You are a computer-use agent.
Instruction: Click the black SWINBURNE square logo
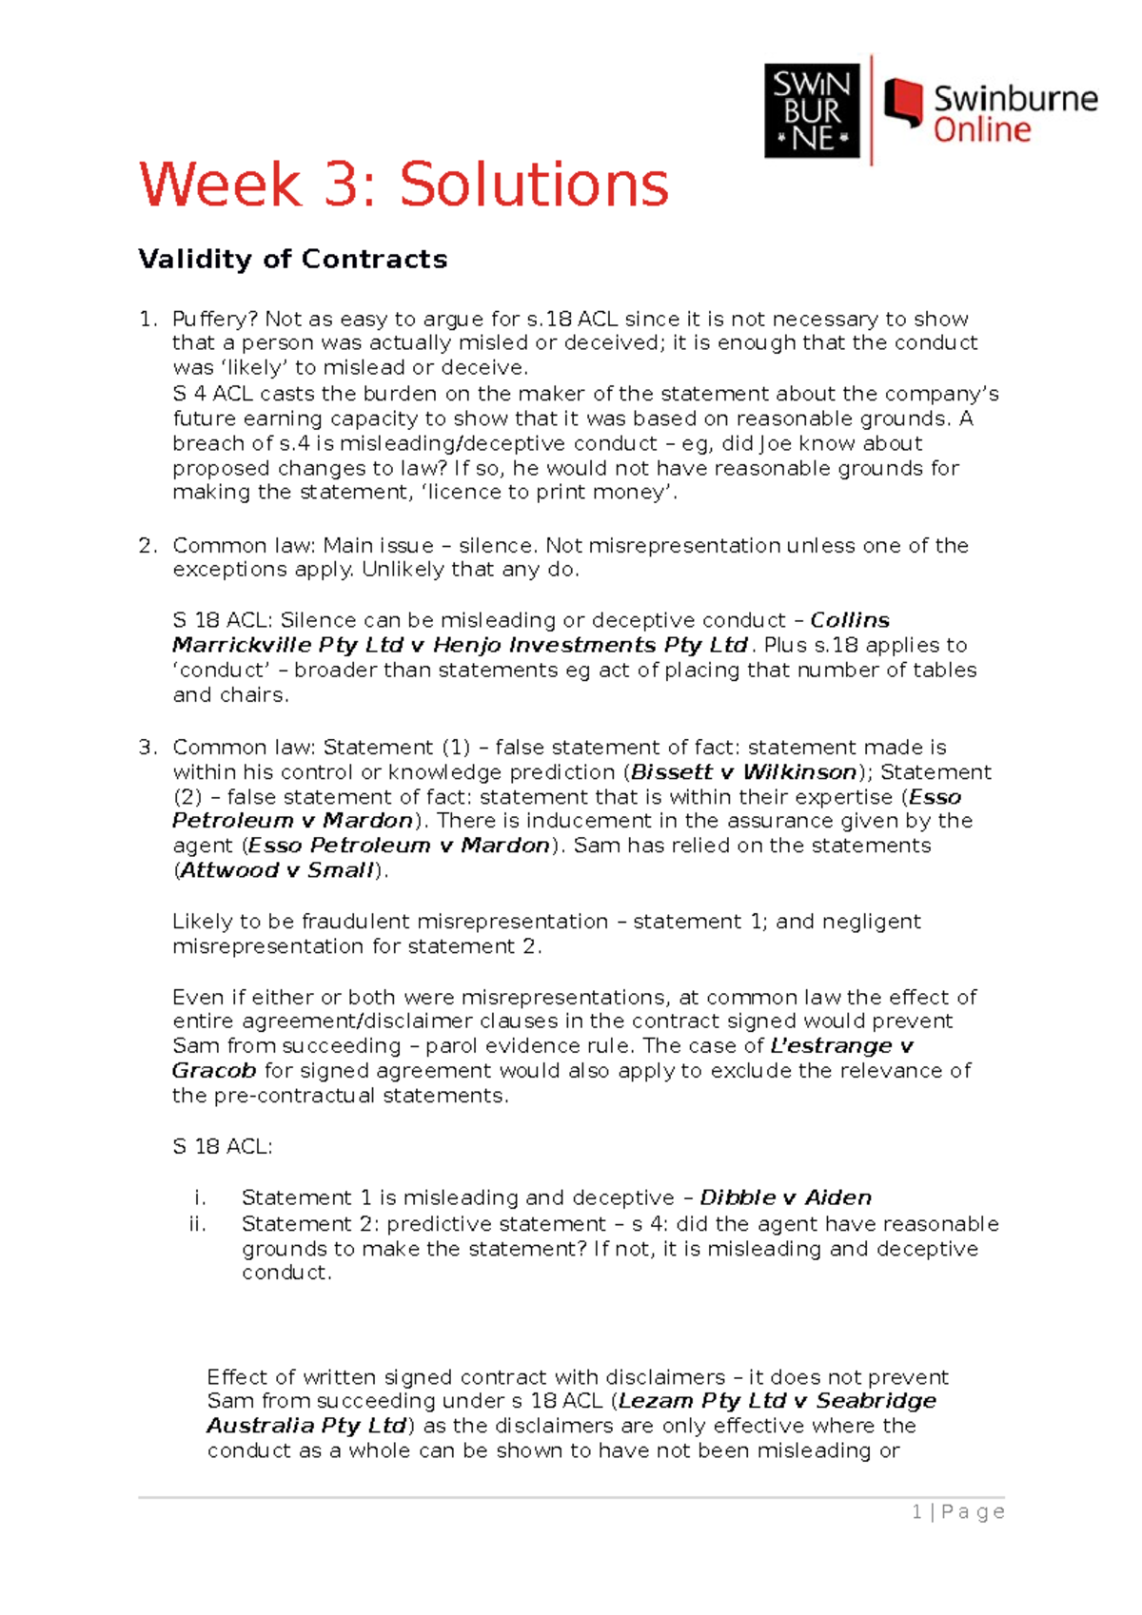(x=812, y=110)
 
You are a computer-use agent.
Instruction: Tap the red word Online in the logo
(x=981, y=130)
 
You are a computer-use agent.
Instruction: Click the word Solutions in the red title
(x=534, y=185)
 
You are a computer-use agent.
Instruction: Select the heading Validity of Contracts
(x=292, y=259)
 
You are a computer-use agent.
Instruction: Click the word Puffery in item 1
(x=214, y=319)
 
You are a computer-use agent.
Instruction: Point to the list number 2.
(x=146, y=545)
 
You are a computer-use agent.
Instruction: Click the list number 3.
(x=146, y=747)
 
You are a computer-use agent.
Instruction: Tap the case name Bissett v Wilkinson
(x=743, y=771)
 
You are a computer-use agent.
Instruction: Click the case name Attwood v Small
(x=277, y=870)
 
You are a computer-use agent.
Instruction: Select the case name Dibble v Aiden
(x=785, y=1197)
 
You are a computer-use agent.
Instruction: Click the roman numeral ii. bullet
(x=197, y=1223)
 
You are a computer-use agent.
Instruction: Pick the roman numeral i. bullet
(x=200, y=1197)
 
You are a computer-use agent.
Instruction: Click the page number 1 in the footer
(x=916, y=1511)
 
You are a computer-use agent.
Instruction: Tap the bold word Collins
(x=849, y=620)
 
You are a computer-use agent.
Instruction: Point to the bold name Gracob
(x=213, y=1070)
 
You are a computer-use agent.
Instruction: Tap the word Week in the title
(x=220, y=185)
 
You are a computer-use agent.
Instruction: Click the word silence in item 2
(x=497, y=545)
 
